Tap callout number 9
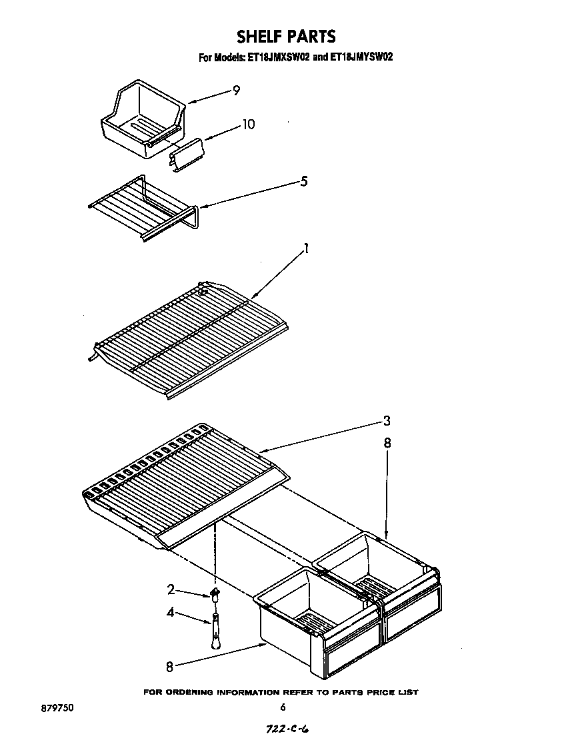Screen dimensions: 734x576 coord(236,91)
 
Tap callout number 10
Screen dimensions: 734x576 coord(248,125)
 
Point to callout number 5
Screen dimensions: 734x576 coord(303,181)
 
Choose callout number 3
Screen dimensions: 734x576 coord(387,421)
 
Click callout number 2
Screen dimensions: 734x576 coord(171,589)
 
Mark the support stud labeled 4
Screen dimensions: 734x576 coord(215,628)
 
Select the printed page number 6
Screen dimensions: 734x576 coord(283,707)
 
